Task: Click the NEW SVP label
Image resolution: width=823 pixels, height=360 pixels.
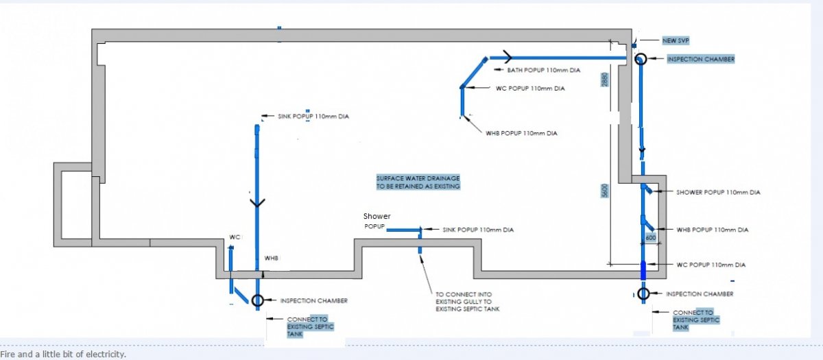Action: [x=676, y=40]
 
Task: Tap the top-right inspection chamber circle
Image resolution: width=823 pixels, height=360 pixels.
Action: [x=640, y=60]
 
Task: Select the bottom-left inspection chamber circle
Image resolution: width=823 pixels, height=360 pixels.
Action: [x=257, y=300]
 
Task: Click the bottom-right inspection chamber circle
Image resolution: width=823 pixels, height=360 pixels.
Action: [x=643, y=294]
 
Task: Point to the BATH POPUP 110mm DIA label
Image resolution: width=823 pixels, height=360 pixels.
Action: [x=544, y=70]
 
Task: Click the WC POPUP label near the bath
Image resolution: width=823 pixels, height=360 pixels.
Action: [x=530, y=88]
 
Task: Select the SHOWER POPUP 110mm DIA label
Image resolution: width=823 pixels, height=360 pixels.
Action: [x=718, y=193]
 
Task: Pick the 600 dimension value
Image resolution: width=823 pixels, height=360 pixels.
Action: [x=650, y=237]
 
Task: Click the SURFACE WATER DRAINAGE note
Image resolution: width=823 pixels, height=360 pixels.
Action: [x=418, y=182]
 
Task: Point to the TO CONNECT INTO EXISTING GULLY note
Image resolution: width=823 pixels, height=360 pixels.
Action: [x=467, y=302]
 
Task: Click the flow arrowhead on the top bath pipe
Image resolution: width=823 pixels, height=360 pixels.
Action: [x=509, y=56]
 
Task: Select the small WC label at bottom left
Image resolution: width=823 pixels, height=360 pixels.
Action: [x=234, y=237]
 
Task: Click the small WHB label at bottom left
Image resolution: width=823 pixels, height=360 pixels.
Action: [x=271, y=258]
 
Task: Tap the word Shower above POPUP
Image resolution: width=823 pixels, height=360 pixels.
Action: [x=377, y=217]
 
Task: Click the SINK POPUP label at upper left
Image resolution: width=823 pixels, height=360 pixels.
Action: [x=313, y=117]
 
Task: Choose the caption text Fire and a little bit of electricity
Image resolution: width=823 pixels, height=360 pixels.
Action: [x=63, y=354]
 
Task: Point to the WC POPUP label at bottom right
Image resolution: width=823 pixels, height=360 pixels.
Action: [x=711, y=265]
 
